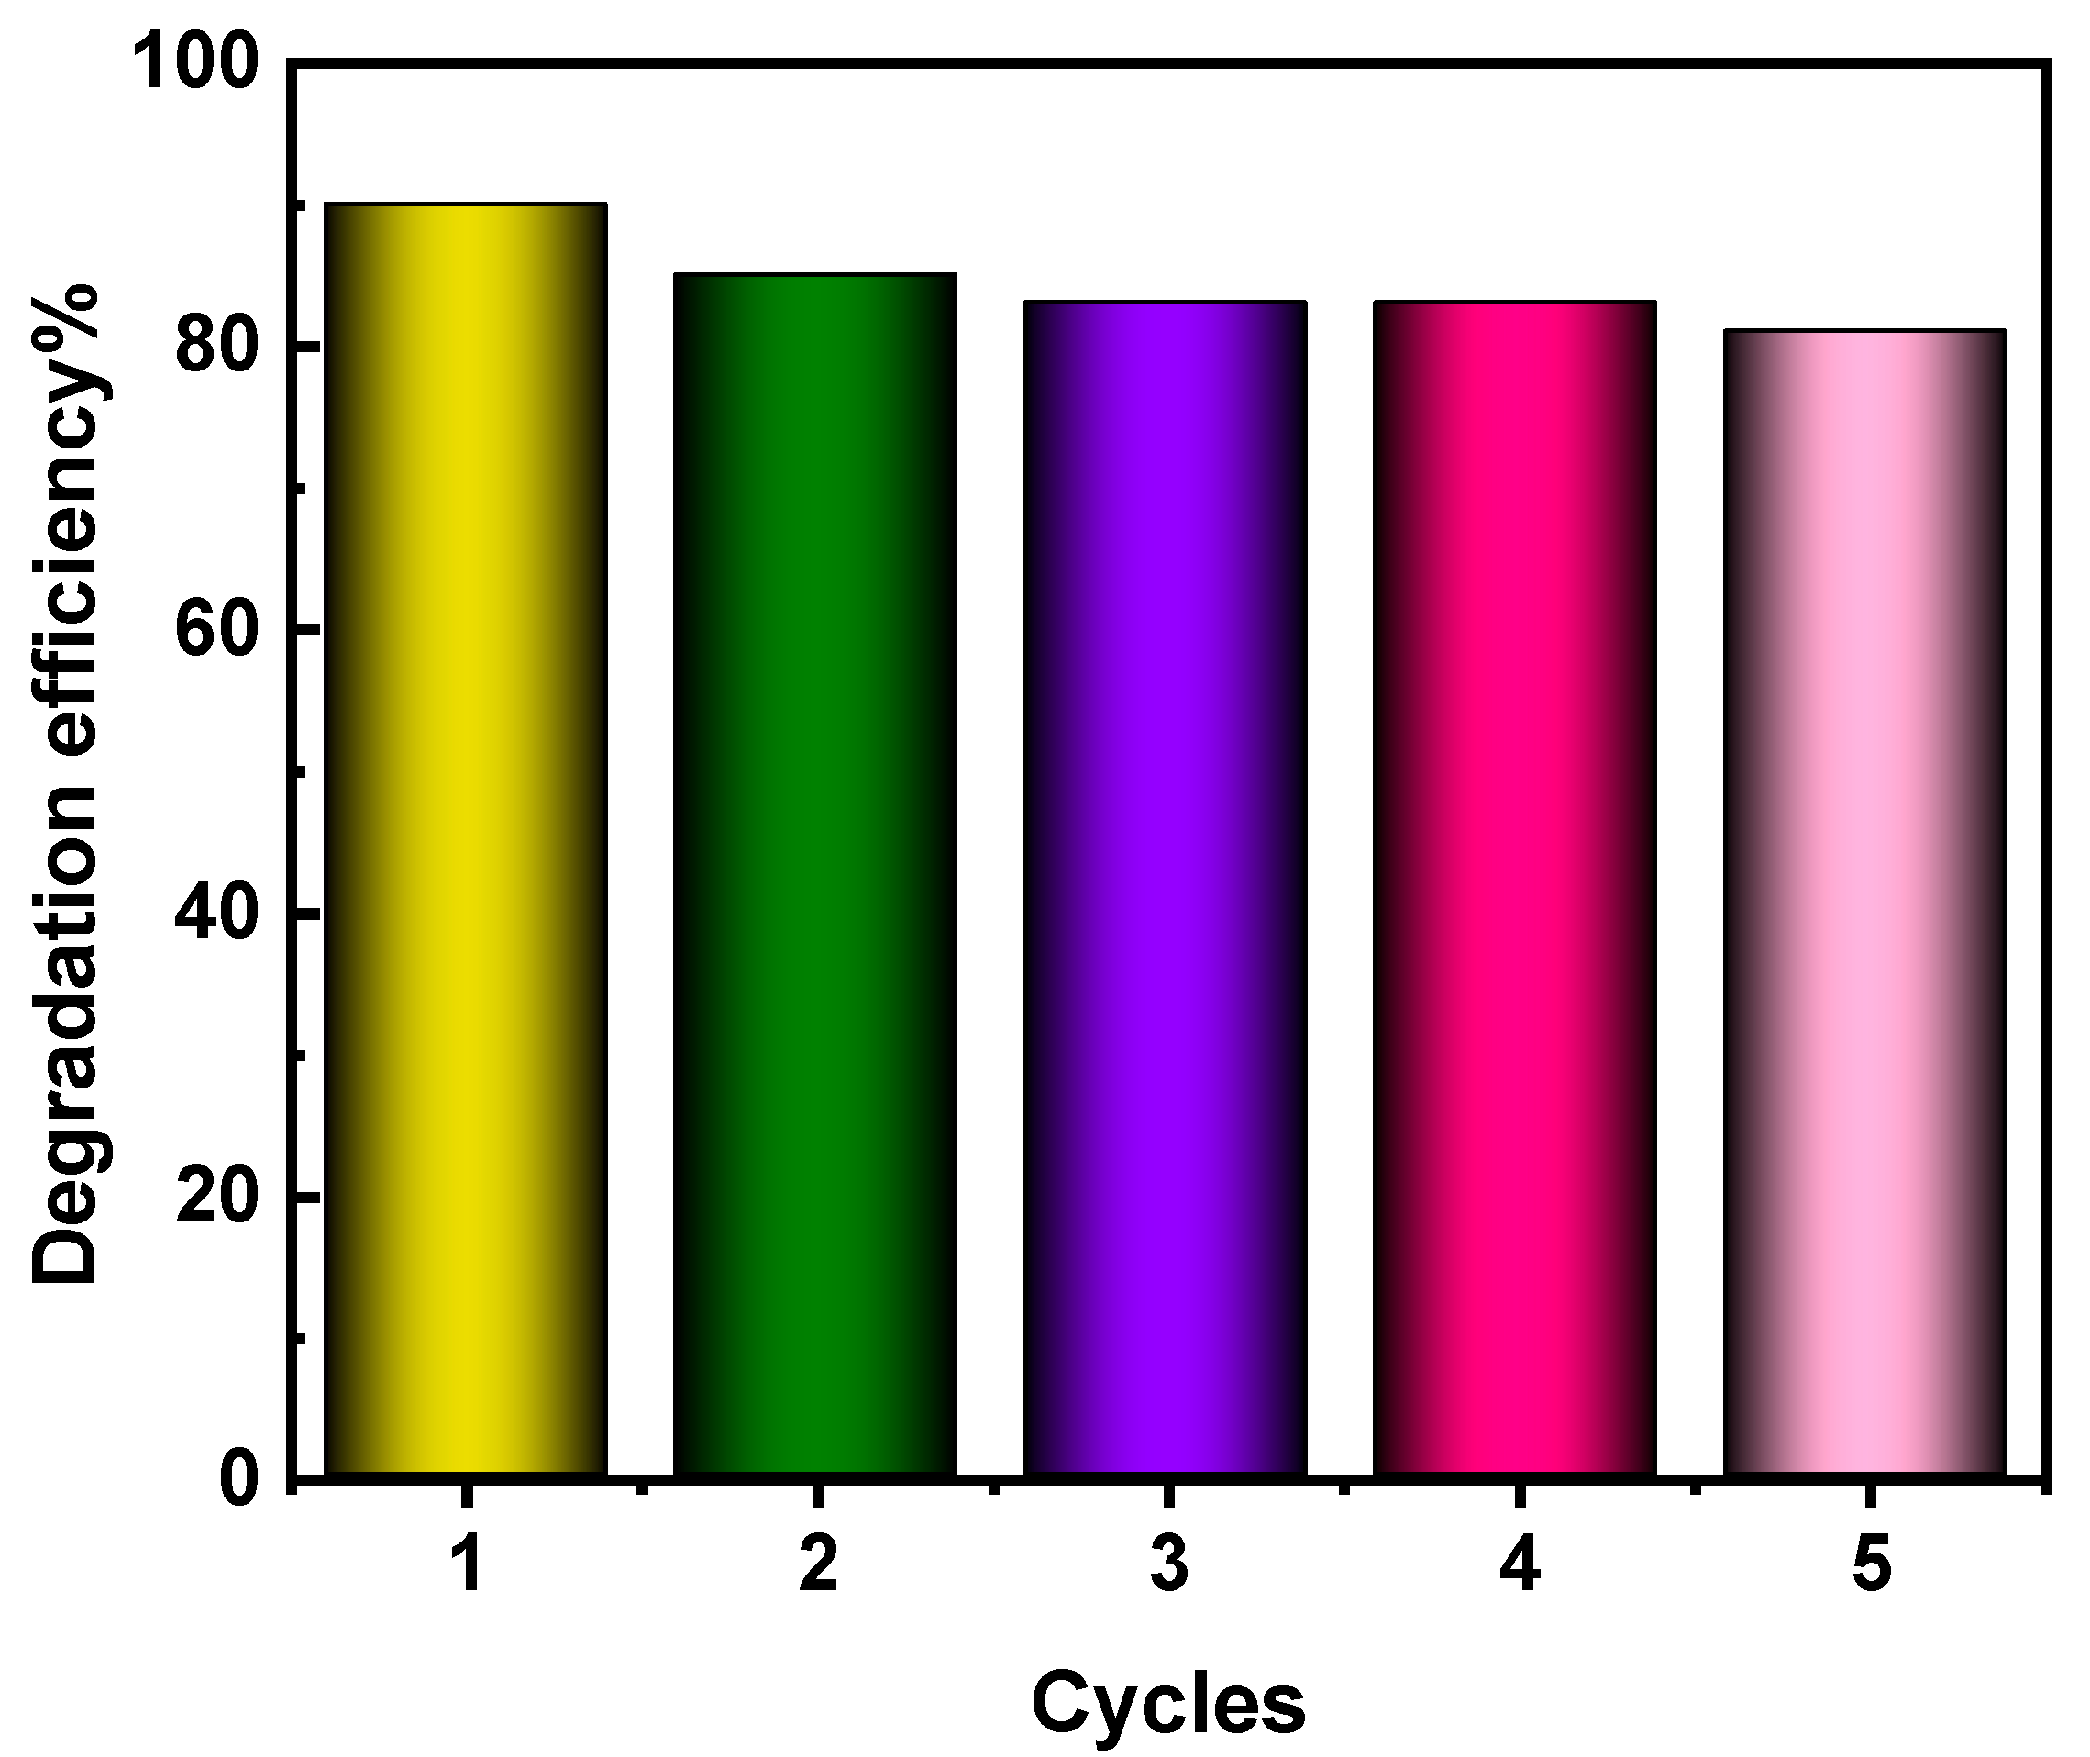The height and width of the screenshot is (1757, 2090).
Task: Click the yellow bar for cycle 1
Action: point(466,836)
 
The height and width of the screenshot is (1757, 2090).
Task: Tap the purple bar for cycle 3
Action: point(1166,887)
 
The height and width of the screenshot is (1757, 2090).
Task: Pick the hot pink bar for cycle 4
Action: point(1515,887)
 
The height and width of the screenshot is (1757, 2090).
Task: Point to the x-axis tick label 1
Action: point(466,1565)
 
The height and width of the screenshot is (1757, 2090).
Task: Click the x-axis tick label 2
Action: point(818,1565)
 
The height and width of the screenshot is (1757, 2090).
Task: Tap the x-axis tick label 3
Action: point(1168,1565)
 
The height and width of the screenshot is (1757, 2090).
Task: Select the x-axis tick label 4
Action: point(1520,1565)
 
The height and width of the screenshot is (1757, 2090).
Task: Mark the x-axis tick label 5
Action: point(1870,1565)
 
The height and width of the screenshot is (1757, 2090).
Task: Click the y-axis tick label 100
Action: point(196,61)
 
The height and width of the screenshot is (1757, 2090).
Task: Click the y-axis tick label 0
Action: point(240,1479)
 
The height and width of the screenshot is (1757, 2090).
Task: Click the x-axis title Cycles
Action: point(1167,1702)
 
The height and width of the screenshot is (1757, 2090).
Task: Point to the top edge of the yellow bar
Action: point(466,204)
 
